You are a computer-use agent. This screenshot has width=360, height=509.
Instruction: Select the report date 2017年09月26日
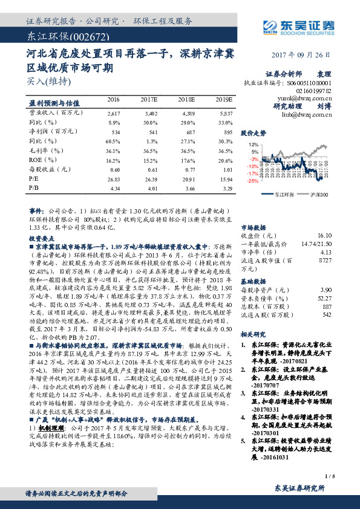[308, 53]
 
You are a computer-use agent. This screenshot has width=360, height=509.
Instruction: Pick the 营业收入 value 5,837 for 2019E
[224, 113]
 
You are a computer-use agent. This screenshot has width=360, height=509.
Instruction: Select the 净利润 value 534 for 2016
[114, 131]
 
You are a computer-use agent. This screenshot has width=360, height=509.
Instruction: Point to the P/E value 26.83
[113, 180]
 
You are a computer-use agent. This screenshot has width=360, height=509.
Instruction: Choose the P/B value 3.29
[226, 189]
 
